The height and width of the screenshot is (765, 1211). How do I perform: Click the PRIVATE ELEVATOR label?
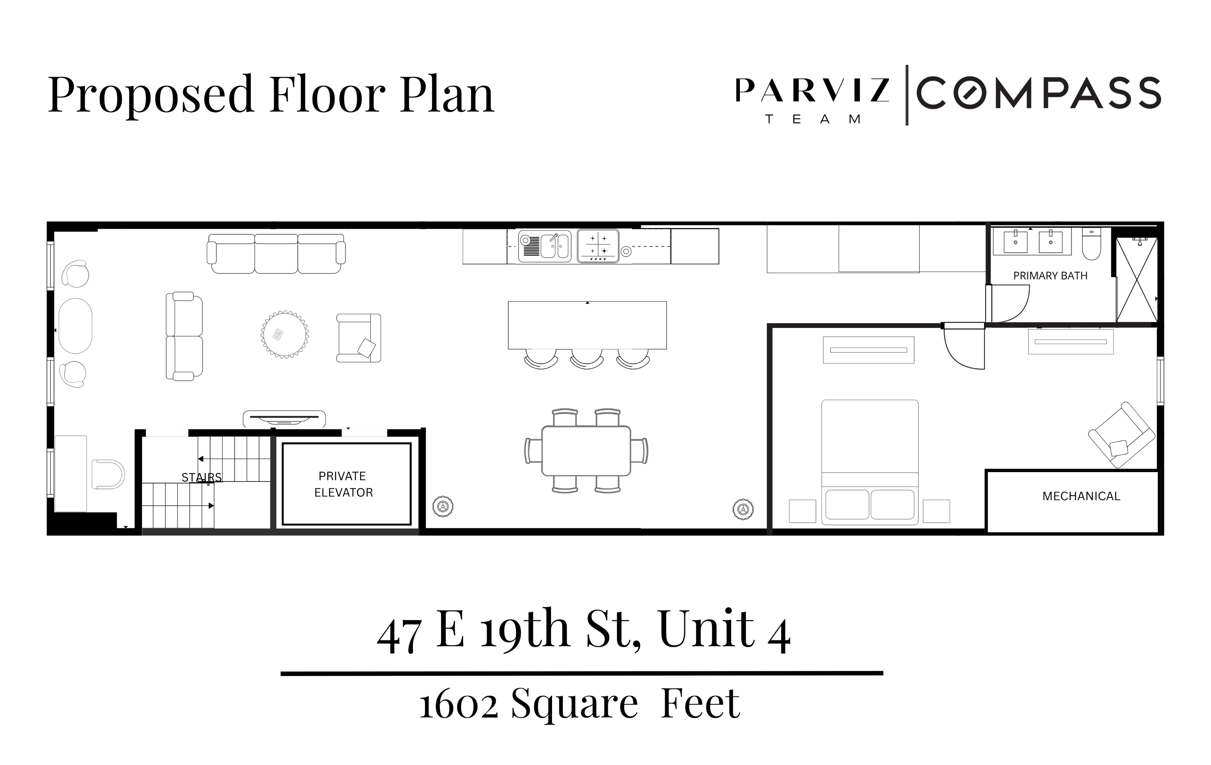(x=343, y=484)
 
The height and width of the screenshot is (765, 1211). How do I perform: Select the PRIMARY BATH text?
(x=1050, y=276)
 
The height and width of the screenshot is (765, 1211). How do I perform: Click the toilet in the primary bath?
(x=1091, y=244)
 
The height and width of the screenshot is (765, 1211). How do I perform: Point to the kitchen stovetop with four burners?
(x=598, y=246)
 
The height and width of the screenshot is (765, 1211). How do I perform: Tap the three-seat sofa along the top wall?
(x=276, y=254)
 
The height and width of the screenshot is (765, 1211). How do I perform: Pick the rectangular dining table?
(x=586, y=451)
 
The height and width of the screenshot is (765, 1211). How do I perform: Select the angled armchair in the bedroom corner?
(x=1121, y=436)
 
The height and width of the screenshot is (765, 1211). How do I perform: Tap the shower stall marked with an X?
(x=1137, y=280)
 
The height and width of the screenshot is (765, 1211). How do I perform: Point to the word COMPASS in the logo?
(x=1038, y=93)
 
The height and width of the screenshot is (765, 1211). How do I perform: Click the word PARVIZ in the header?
(x=812, y=90)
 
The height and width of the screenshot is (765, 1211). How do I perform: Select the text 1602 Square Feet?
(x=579, y=704)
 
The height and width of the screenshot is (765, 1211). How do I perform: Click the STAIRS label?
(x=201, y=477)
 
